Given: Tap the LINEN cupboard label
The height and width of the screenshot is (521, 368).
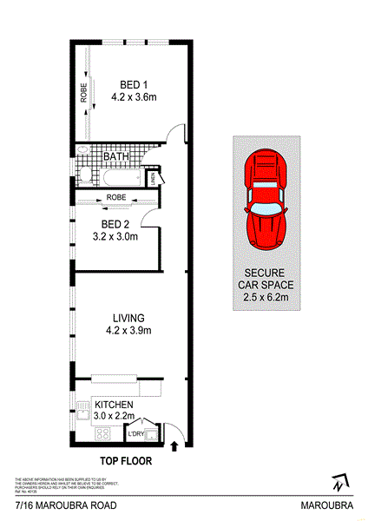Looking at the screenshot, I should point(152,180).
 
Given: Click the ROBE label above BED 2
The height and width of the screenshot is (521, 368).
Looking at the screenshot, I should point(116,198).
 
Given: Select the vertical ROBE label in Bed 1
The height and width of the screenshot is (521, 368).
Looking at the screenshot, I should point(83,93).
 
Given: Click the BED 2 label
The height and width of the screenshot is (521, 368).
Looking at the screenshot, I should point(115,223).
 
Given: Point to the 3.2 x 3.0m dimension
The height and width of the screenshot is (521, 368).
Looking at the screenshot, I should point(115,235).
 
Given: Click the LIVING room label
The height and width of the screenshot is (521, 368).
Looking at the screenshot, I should point(128,318).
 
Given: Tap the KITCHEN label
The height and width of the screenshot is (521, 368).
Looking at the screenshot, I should point(114,405).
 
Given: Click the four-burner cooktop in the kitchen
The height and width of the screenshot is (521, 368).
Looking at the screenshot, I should point(83,406).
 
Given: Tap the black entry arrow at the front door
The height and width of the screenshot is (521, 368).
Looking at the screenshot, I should point(176,446).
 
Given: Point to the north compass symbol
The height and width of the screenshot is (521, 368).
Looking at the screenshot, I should point(337,480).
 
